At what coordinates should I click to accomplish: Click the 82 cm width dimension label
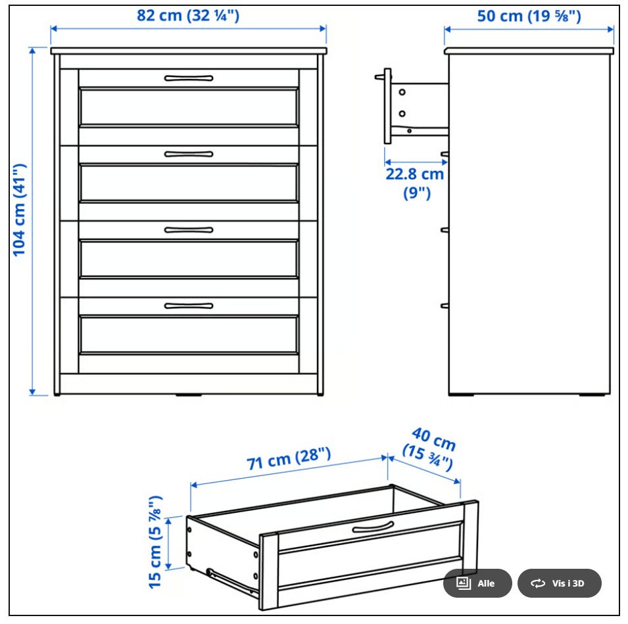pyautogui.click(x=188, y=16)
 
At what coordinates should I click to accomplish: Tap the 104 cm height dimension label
pyautogui.click(x=19, y=210)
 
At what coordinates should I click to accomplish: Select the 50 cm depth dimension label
pyautogui.click(x=529, y=16)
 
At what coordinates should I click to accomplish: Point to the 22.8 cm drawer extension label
pyautogui.click(x=416, y=183)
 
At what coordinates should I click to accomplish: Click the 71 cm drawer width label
pyautogui.click(x=289, y=458)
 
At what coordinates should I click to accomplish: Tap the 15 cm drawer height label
pyautogui.click(x=155, y=542)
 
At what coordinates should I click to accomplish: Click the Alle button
pyautogui.click(x=477, y=583)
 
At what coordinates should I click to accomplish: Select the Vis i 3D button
pyautogui.click(x=560, y=583)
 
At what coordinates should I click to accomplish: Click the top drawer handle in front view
pyautogui.click(x=189, y=78)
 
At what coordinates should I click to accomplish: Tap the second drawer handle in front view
pyautogui.click(x=189, y=155)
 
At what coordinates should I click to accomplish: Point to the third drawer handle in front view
pyautogui.click(x=189, y=230)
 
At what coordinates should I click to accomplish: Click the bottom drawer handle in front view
pyautogui.click(x=189, y=306)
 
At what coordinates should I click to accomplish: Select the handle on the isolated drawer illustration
pyautogui.click(x=373, y=528)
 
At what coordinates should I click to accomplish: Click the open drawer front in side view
pyautogui.click(x=387, y=106)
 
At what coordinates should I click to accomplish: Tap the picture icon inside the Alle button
pyautogui.click(x=464, y=583)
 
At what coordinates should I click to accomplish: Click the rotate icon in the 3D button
pyautogui.click(x=537, y=583)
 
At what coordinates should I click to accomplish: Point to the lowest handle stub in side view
pyautogui.click(x=445, y=306)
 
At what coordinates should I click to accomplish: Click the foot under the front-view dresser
pyautogui.click(x=189, y=395)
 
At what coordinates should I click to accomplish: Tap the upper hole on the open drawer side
pyautogui.click(x=402, y=93)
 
